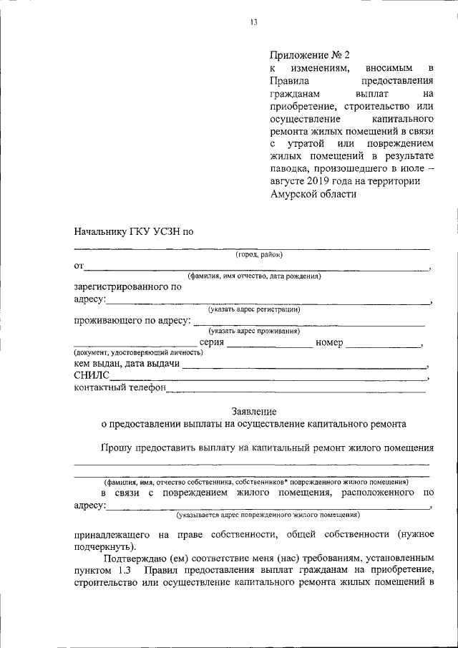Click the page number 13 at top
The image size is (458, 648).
pos(253,22)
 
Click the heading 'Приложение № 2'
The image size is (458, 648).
pos(310,55)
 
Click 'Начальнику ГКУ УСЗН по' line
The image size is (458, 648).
pos(134,231)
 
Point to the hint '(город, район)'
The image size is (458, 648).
pos(259,254)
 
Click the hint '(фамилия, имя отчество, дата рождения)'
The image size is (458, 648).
pos(254,276)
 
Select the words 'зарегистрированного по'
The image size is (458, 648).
pos(127,286)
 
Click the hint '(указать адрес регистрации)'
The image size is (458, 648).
pos(254,309)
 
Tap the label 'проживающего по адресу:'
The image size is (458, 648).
pos(132,320)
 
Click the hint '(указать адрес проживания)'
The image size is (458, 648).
pos(254,331)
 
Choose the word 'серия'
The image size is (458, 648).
pos(212,342)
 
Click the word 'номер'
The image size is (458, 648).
pos(329,342)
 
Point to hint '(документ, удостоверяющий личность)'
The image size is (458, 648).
pos(132,353)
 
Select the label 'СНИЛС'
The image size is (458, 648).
pos(92,377)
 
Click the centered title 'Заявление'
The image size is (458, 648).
pos(253,411)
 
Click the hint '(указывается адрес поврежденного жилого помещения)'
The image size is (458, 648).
pos(268,514)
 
